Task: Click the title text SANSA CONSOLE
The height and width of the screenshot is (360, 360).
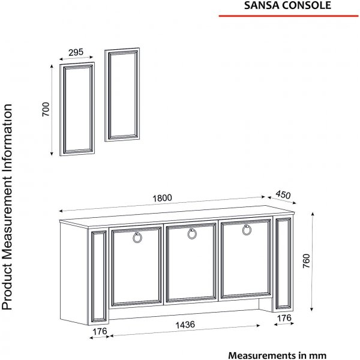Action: [x=287, y=5]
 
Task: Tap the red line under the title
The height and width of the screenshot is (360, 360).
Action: [x=289, y=16]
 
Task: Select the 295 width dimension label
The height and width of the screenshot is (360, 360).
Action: [x=76, y=52]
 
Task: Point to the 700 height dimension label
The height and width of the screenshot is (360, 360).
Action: [x=46, y=109]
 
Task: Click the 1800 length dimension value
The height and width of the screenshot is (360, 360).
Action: [x=162, y=198]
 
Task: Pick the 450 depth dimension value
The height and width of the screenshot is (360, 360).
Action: [x=283, y=194]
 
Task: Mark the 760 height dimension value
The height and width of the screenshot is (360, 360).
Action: [x=306, y=261]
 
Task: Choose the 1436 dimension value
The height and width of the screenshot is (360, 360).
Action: [x=185, y=325]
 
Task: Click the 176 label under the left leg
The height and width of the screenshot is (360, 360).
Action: [x=100, y=331]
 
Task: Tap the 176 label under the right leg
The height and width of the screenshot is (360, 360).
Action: [x=284, y=318]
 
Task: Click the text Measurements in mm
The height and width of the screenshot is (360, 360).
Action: [x=277, y=355]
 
